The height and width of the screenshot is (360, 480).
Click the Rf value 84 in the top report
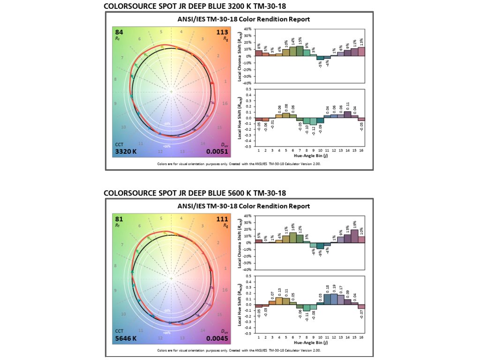[120, 32]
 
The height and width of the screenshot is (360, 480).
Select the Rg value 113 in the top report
[222, 32]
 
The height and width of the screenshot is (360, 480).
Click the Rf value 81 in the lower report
[120, 219]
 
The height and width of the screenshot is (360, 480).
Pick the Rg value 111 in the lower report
[222, 219]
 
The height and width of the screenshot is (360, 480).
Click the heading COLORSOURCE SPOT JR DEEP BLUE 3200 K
[195, 6]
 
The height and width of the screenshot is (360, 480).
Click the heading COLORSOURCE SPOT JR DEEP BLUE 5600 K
[195, 193]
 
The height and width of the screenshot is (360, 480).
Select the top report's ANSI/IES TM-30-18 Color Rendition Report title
[243, 19]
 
